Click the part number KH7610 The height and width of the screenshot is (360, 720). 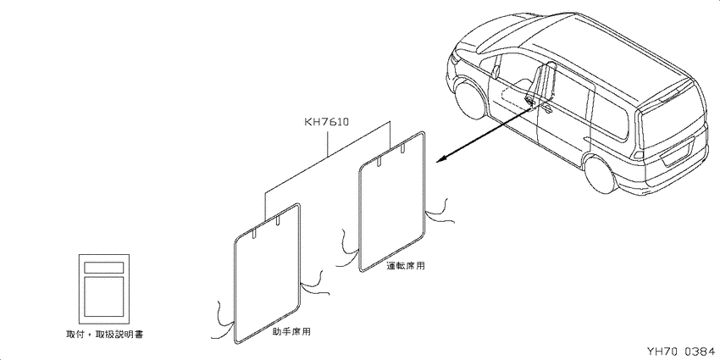click(327, 122)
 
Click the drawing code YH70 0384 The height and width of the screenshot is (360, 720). click(680, 352)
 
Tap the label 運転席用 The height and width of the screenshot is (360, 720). click(406, 265)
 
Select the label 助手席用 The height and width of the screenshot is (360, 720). click(291, 331)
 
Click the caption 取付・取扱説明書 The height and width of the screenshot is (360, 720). click(105, 335)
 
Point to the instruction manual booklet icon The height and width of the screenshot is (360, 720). click(104, 289)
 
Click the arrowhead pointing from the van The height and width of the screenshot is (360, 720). click(440, 158)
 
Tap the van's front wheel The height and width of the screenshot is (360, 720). click(469, 99)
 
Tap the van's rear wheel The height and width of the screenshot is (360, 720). click(601, 174)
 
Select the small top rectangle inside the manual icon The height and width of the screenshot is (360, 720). click(104, 267)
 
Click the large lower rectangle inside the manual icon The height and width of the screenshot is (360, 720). click(104, 296)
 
